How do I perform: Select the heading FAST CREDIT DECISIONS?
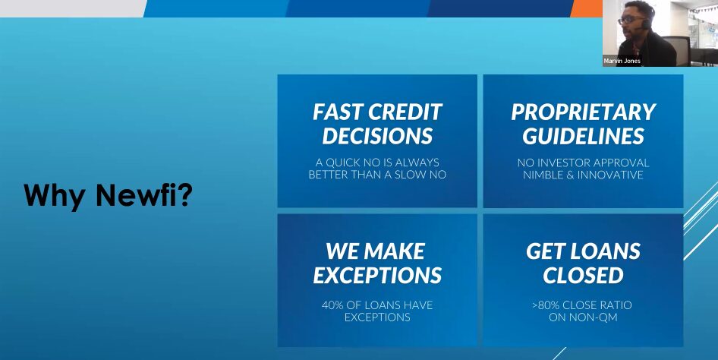coord(377,124)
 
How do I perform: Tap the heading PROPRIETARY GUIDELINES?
coord(583,124)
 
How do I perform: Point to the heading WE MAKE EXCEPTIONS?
coord(377,263)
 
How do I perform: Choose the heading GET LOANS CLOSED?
coord(583,263)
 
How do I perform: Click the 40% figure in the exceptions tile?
coord(333,305)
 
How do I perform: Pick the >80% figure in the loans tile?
coord(545,305)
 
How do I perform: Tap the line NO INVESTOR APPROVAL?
coord(583,163)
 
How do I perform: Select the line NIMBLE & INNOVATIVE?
coord(583,175)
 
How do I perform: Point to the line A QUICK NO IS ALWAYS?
coord(377,163)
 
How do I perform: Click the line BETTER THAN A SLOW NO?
coord(377,175)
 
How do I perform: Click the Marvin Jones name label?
coord(622,61)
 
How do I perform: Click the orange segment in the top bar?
coord(585,8)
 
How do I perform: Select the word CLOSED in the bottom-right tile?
coord(583,275)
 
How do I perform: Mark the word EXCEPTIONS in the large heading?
coord(377,275)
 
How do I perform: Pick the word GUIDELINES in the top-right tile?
coord(583,136)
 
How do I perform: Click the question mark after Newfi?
coord(184,196)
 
